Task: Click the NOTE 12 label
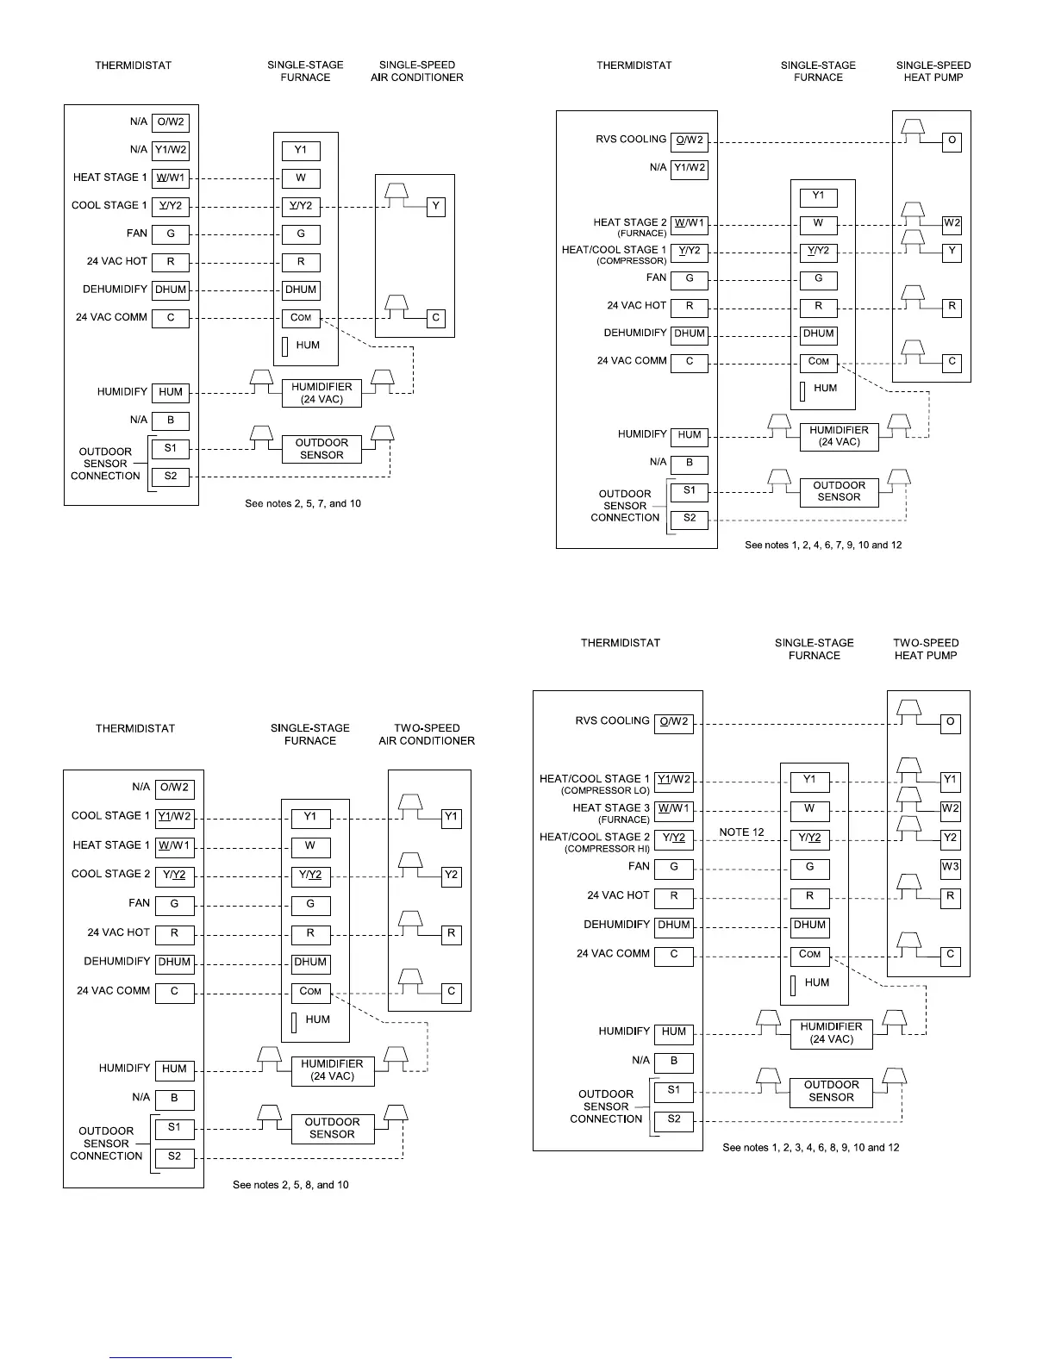[x=741, y=832]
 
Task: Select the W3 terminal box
[x=950, y=867]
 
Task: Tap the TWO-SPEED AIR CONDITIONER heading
[x=427, y=734]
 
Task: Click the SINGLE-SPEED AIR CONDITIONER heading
[x=417, y=71]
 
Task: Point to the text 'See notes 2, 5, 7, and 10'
[x=303, y=503]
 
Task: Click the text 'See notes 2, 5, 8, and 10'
[x=290, y=1185]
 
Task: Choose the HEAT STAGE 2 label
[x=630, y=222]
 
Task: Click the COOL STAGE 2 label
[x=110, y=874]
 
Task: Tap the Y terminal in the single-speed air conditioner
[x=436, y=206]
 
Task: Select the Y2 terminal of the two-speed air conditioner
[x=451, y=876]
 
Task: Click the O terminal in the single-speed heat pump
[x=952, y=140]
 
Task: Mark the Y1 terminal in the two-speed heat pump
[x=950, y=780]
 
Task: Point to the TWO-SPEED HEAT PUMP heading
[x=926, y=649]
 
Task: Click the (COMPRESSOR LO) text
[x=605, y=791]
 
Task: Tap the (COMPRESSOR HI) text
[x=607, y=849]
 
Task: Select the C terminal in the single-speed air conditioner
[x=436, y=318]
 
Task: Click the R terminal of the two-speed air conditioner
[x=451, y=933]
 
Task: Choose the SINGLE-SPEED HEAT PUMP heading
[x=933, y=71]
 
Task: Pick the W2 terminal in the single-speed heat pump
[x=952, y=223]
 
